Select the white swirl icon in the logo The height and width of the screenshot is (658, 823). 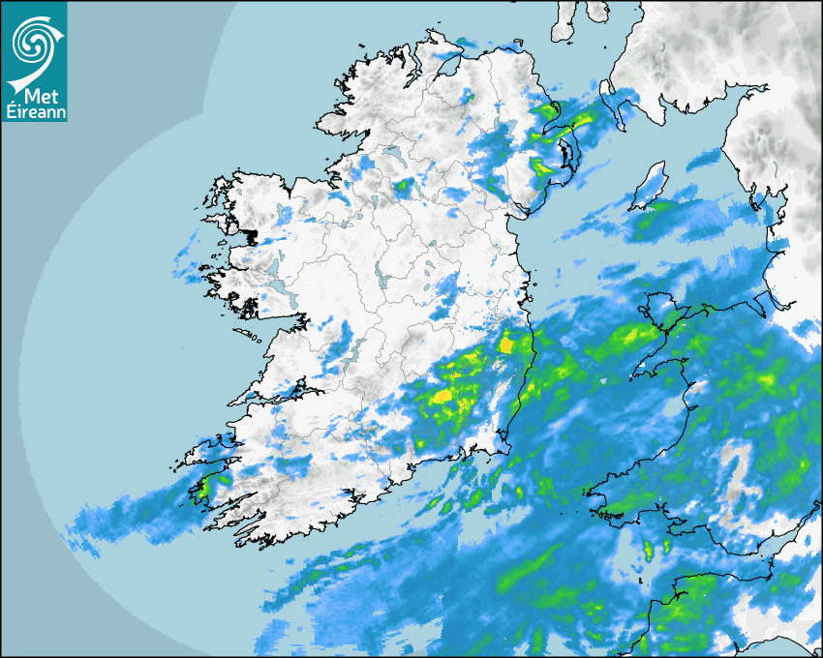pyautogui.click(x=33, y=43)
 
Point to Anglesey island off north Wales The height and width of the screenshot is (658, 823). pyautogui.click(x=656, y=313)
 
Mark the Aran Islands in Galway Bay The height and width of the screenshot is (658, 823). pyautogui.click(x=250, y=336)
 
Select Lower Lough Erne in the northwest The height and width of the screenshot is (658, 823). pyautogui.click(x=393, y=155)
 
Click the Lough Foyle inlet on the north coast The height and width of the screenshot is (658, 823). pyautogui.click(x=447, y=68)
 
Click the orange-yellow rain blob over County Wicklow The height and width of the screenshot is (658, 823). pyautogui.click(x=505, y=343)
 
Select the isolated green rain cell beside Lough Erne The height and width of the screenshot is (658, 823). pyautogui.click(x=401, y=184)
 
